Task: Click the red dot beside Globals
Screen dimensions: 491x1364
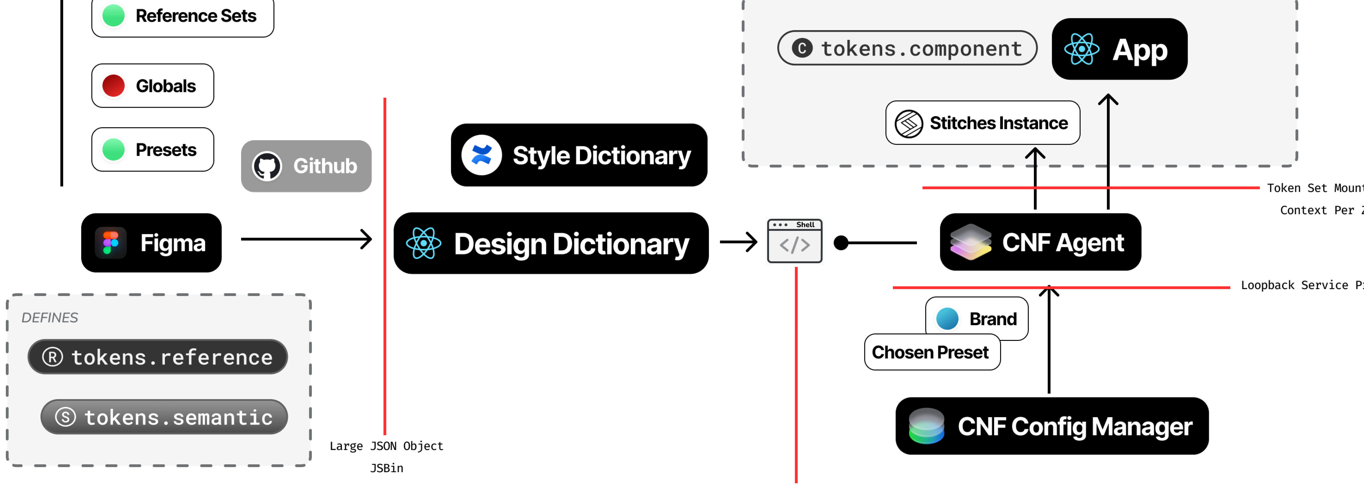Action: coord(113,86)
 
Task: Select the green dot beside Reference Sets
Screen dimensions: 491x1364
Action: coord(113,15)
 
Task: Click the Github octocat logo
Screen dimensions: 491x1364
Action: coord(267,166)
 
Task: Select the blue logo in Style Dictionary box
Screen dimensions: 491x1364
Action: coord(481,155)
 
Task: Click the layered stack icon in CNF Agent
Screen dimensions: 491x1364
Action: coord(971,242)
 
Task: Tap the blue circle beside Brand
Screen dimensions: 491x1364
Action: coord(947,319)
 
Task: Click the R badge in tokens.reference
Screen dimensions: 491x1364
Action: coord(52,357)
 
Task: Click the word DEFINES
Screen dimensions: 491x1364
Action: coord(50,318)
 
